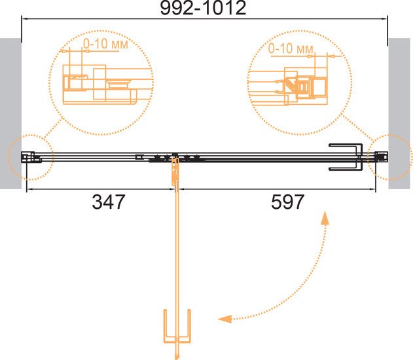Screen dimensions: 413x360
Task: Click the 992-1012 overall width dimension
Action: point(203,8)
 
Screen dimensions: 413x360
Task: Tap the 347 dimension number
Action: point(108,202)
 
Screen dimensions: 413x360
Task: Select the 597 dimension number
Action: point(287,202)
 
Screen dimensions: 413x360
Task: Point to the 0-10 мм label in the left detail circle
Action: point(105,44)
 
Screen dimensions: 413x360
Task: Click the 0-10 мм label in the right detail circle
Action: point(291,48)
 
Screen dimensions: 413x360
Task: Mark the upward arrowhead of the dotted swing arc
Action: point(325,217)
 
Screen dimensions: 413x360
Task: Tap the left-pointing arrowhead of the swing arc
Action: point(224,319)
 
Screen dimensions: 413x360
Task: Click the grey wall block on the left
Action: point(10,113)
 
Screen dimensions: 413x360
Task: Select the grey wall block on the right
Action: point(399,113)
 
